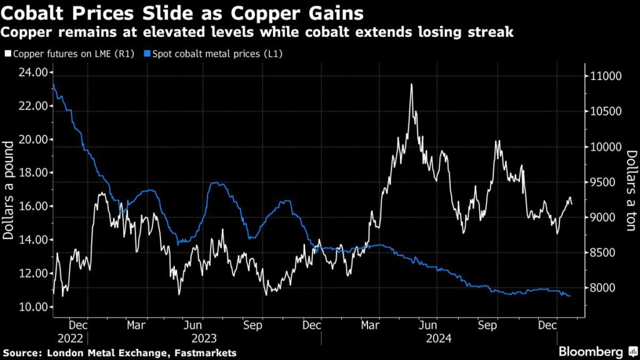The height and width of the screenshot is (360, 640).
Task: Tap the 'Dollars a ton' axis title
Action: (631, 191)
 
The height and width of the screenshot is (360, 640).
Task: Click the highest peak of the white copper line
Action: (411, 84)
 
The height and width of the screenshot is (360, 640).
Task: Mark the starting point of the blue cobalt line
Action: (53, 84)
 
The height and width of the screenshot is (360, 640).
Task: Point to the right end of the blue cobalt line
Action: (569, 296)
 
